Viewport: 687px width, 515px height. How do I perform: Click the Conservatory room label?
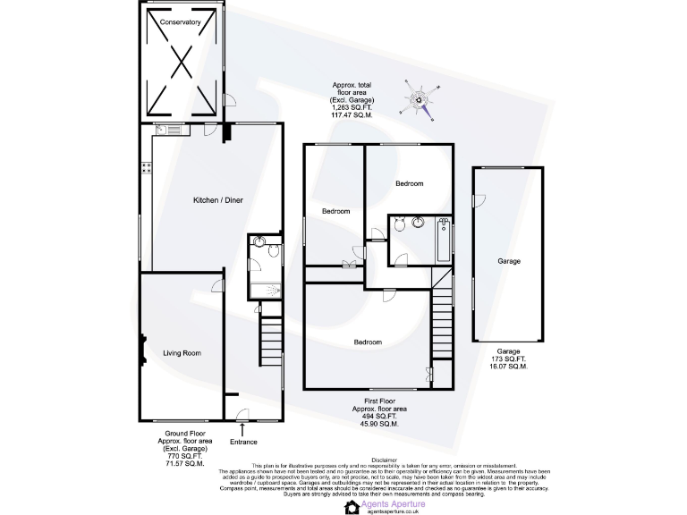point(181,22)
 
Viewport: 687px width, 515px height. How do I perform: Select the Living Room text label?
point(182,352)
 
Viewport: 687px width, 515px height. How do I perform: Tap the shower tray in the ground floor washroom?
point(266,290)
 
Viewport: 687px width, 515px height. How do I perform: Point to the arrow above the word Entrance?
point(242,430)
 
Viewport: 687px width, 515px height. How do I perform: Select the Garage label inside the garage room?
point(509,261)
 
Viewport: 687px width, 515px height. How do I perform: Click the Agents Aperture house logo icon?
point(352,506)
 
